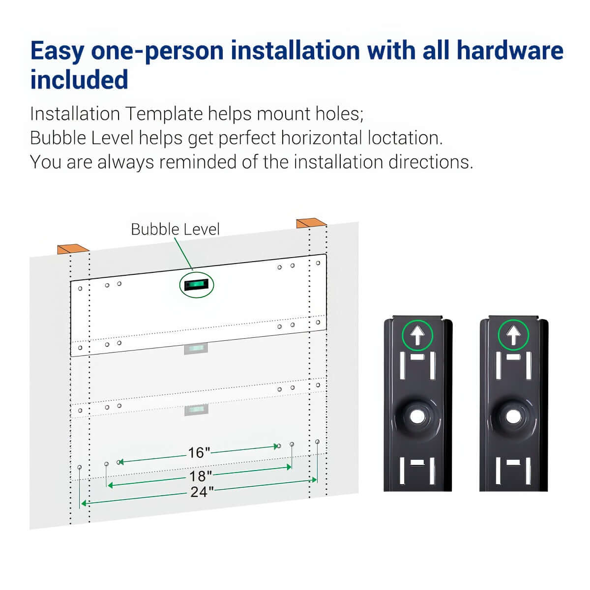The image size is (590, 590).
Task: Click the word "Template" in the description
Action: click(164, 114)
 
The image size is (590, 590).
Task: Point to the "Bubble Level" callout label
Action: click(175, 229)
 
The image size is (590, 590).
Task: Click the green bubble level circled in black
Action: click(197, 285)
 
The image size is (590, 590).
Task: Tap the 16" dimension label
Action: click(199, 452)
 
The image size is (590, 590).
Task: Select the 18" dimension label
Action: click(201, 476)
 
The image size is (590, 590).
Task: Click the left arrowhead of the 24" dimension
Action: click(84, 503)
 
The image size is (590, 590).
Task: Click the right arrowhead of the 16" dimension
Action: click(275, 446)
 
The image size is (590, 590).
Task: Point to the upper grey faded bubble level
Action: click(196, 349)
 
